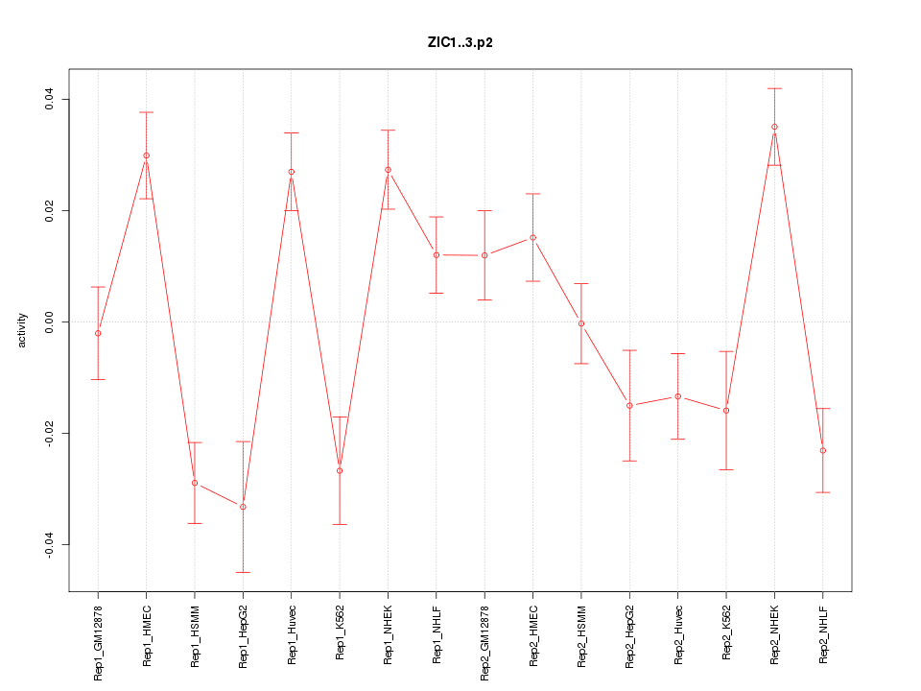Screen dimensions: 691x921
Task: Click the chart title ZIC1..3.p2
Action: tap(460, 42)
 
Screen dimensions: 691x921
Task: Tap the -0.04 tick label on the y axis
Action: tap(47, 545)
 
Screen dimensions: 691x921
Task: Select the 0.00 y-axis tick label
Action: tap(47, 322)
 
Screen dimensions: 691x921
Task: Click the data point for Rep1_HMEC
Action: tap(146, 155)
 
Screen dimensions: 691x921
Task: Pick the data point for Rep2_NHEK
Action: tap(774, 127)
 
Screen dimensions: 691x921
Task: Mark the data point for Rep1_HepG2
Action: tap(243, 507)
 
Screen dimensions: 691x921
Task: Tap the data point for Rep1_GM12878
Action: tap(98, 333)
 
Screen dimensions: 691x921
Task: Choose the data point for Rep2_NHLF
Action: tap(823, 450)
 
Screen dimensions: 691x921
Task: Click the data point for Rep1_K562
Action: tap(340, 470)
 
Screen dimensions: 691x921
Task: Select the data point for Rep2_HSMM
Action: tap(581, 323)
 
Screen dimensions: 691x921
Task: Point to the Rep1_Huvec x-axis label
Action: tap(292, 635)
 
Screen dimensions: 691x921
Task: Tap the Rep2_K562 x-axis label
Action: tap(726, 635)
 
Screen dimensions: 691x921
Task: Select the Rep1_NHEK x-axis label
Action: tap(388, 634)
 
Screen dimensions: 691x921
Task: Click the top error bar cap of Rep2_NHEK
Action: tap(774, 88)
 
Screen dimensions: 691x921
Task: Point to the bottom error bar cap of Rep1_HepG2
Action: tap(243, 572)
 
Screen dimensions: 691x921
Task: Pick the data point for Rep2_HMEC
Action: tap(532, 237)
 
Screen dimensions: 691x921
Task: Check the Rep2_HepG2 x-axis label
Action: tap(629, 637)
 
